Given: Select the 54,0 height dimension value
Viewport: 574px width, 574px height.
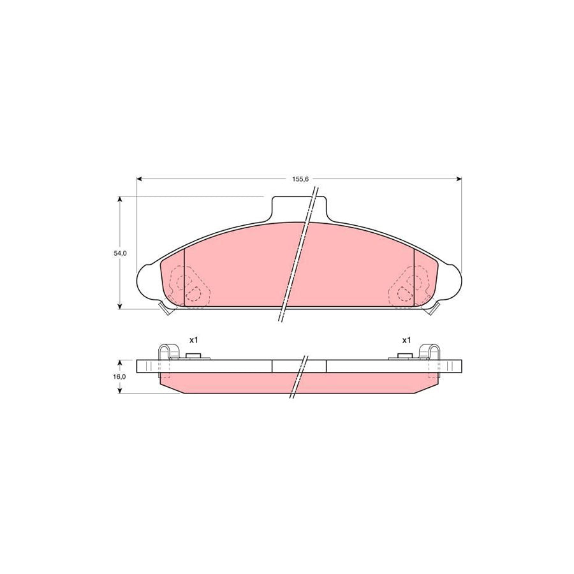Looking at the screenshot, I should point(121,253).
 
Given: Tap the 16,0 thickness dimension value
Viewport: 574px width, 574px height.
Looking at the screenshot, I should point(121,377).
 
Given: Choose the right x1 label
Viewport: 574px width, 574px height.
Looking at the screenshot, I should point(405,340).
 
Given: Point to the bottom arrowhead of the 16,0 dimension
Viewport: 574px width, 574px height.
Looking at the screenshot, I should point(120,390).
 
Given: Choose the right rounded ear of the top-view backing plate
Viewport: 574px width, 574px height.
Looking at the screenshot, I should point(452,281).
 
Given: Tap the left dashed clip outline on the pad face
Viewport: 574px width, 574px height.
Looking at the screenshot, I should point(186,288).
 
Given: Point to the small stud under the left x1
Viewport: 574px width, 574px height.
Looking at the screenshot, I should point(193,357).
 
